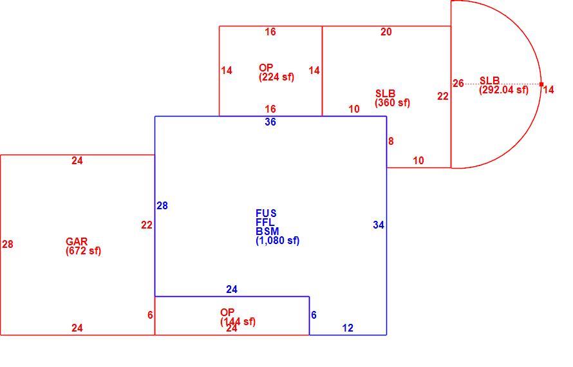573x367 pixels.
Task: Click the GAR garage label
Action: [x=77, y=241]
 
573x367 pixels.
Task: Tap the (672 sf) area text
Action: [x=83, y=251]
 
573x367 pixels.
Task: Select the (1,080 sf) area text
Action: [x=277, y=241]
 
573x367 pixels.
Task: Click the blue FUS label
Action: [x=266, y=213]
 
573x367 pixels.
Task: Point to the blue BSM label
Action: [x=267, y=231]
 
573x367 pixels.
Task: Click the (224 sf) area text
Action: [x=277, y=77]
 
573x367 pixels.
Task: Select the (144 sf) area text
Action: [x=238, y=322]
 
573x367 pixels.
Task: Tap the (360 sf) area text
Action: [x=393, y=103]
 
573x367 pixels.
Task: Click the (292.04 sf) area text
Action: [x=504, y=90]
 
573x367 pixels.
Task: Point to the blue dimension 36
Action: [x=270, y=122]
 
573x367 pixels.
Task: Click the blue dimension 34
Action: [x=379, y=225]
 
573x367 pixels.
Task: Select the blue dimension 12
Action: [x=348, y=328]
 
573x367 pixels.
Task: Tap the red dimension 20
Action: [x=386, y=32]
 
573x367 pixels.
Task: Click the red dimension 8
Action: [x=391, y=142]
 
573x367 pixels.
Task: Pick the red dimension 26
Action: [x=458, y=84]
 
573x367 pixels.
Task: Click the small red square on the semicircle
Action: [x=541, y=84]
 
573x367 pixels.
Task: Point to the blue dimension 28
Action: [x=162, y=206]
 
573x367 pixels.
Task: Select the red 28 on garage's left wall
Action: [x=8, y=245]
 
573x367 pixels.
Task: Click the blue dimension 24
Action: [x=232, y=290]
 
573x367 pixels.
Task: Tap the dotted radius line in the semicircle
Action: [x=496, y=84]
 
